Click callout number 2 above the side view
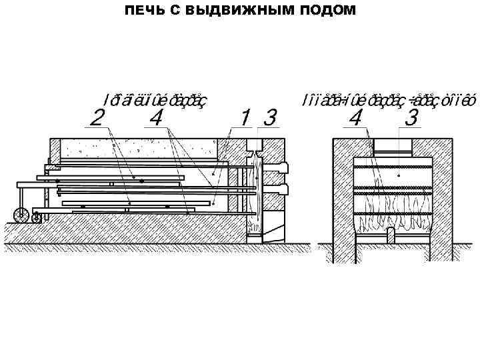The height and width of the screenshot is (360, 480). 97,119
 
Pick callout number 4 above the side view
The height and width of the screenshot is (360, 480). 157,119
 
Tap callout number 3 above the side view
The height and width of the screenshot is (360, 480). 269,119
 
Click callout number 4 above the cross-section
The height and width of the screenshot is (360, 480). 357,119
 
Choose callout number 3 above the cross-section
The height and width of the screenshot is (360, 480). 411,119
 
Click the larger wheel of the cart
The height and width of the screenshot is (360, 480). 21,215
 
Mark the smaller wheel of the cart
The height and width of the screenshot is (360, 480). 37,217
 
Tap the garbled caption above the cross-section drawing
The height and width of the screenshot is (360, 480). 387,100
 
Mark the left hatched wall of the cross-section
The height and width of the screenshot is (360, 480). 343,200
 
